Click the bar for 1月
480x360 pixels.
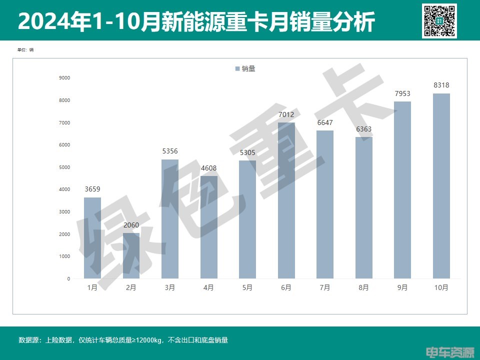click(x=92, y=238)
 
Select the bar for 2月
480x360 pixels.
click(x=131, y=255)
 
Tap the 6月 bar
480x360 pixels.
click(x=286, y=200)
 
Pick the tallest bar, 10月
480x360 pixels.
click(x=441, y=186)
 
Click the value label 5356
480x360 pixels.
click(x=170, y=151)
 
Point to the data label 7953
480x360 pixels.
click(x=402, y=93)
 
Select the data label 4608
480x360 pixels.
click(x=208, y=168)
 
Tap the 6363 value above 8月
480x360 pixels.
click(x=363, y=129)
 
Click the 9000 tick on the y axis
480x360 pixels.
click(x=64, y=78)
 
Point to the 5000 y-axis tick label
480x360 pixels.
click(x=64, y=167)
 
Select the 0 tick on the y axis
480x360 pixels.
click(x=68, y=278)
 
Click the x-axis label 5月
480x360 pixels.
click(x=247, y=287)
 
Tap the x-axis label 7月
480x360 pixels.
click(x=325, y=287)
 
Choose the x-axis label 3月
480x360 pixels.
click(x=170, y=287)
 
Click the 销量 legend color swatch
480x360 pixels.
click(x=237, y=69)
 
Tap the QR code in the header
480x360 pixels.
click(x=439, y=20)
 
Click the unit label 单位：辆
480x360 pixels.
click(x=25, y=50)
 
